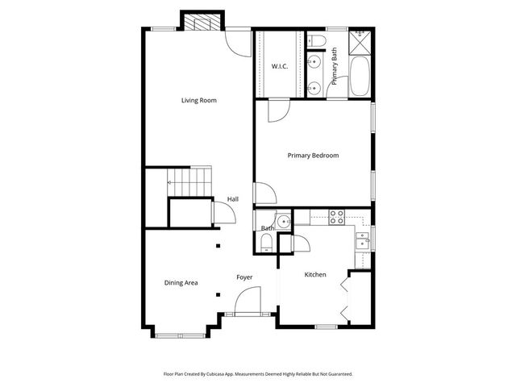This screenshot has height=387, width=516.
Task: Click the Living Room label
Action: tap(199, 101)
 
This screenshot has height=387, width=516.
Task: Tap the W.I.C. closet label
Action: tap(280, 66)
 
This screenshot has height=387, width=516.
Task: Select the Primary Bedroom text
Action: tap(314, 156)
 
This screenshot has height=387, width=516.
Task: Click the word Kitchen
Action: tap(315, 275)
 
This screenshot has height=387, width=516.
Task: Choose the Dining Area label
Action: tap(181, 283)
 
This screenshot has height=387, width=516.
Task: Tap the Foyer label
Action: tap(244, 277)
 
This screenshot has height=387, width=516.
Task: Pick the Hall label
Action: tap(232, 199)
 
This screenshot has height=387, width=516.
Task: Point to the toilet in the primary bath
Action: tap(315, 40)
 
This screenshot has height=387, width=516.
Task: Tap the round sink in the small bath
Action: tap(282, 222)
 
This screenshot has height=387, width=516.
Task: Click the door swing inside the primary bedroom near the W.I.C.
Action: tap(275, 110)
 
